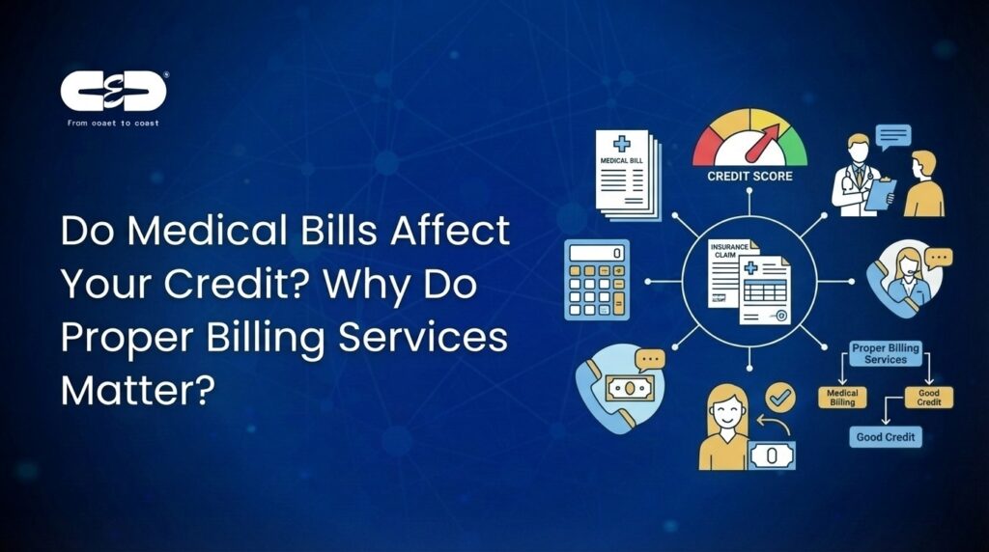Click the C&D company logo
pos(114,92)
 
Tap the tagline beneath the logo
pos(114,123)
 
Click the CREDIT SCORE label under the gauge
pos(749,177)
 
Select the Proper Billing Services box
pos(886,352)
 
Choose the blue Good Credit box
pos(889,438)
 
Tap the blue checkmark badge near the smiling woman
pos(777,396)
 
